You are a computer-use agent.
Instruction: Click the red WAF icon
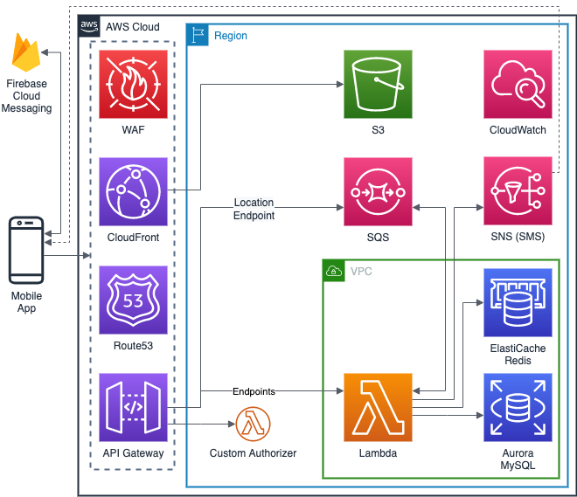[133, 84]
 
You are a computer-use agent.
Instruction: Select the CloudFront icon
[133, 191]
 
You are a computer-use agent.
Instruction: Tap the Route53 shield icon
[133, 300]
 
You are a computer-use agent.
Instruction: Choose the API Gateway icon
[133, 408]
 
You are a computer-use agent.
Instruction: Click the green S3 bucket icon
[378, 84]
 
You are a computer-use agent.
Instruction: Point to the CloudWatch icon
[518, 84]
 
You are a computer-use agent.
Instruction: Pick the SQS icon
[378, 191]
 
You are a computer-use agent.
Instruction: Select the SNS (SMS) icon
[518, 191]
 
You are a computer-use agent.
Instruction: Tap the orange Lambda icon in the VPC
[378, 408]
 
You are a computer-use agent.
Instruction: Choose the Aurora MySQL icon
[518, 408]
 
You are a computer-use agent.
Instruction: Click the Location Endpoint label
[254, 209]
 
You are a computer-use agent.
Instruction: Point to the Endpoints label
[254, 391]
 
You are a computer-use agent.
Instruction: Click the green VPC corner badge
[334, 271]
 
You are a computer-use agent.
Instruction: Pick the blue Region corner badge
[198, 35]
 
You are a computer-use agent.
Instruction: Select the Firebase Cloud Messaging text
[26, 95]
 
